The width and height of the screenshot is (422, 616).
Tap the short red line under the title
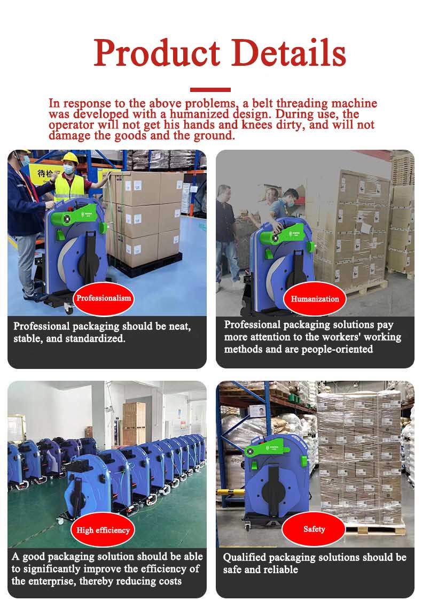coord(210,90)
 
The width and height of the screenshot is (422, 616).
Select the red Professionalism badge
coord(104,298)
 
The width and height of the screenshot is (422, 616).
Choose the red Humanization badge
coord(315,299)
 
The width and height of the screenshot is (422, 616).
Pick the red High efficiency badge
coord(103,530)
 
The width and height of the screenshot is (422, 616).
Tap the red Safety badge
coord(314,529)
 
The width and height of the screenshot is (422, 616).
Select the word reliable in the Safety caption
coord(280,569)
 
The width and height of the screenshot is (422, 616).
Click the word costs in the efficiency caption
coord(169,581)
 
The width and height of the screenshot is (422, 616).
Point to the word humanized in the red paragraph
coord(199,114)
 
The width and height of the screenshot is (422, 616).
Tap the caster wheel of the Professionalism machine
coord(69,309)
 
